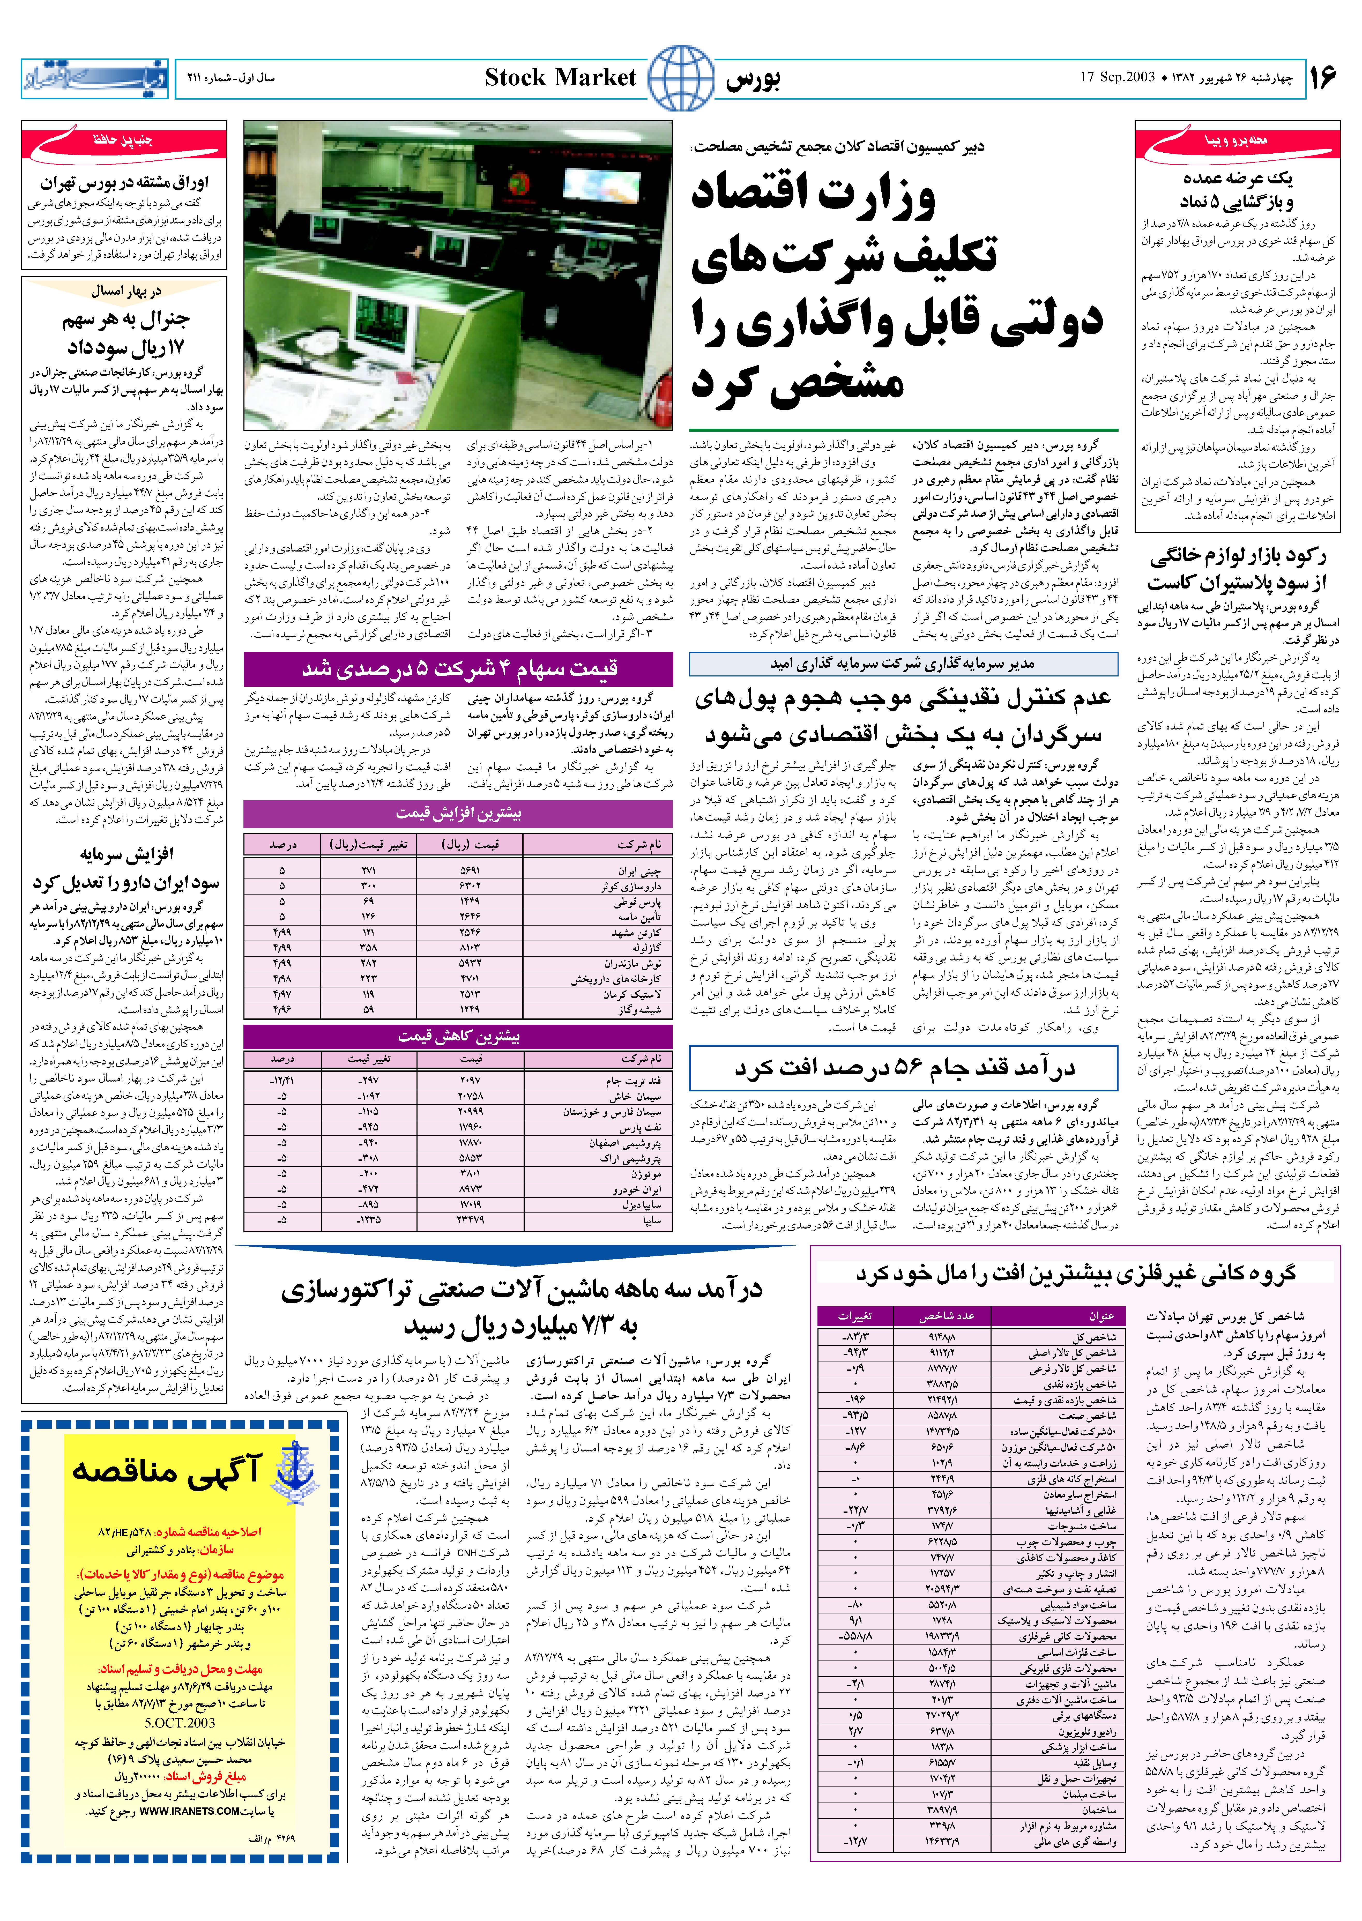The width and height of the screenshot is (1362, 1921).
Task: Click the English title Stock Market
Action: pyautogui.click(x=560, y=78)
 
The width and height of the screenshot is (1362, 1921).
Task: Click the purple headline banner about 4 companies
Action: pyautogui.click(x=458, y=669)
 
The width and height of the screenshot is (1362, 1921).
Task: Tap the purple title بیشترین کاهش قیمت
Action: pyautogui.click(x=458, y=1036)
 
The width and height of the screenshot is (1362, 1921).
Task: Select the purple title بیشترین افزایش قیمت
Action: pyautogui.click(x=458, y=813)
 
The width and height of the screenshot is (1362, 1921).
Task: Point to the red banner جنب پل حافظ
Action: pyautogui.click(x=123, y=140)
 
